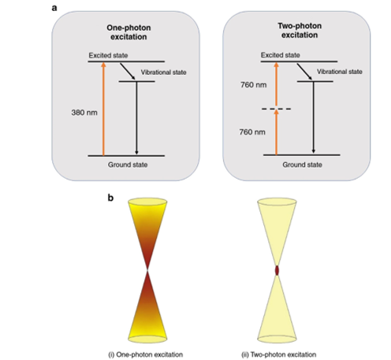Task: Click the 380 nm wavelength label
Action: (x=84, y=113)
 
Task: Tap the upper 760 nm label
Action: (x=254, y=85)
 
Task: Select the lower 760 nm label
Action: (x=252, y=132)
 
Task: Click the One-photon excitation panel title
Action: (x=128, y=32)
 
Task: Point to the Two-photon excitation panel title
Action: (x=300, y=31)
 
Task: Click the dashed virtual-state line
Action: (x=276, y=109)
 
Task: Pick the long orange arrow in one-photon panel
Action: (x=103, y=109)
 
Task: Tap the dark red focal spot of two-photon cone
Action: (x=277, y=270)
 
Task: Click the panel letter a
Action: (x=54, y=8)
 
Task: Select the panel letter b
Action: (x=110, y=198)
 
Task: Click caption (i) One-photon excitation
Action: (x=146, y=354)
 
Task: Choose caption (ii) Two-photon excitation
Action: (x=279, y=354)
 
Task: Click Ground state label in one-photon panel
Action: (x=128, y=165)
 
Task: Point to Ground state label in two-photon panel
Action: (x=302, y=165)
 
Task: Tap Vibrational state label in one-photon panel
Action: (x=163, y=72)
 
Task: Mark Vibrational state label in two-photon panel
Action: (x=340, y=72)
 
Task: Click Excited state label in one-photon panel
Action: (x=108, y=56)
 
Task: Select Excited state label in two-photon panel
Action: (x=281, y=55)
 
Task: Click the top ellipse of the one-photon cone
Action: (x=147, y=202)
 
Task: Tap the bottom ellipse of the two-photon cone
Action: (x=277, y=339)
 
